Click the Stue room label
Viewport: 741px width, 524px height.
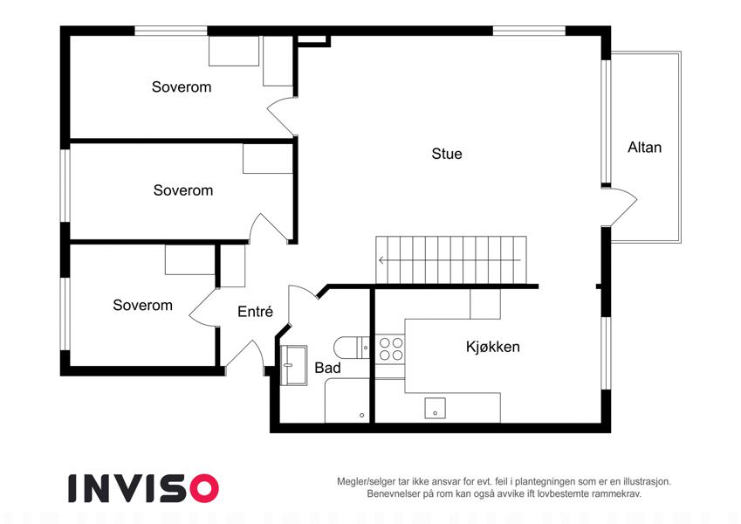click(447, 154)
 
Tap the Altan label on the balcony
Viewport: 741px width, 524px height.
click(644, 148)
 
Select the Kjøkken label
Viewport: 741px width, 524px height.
click(493, 347)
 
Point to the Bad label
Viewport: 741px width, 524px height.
click(327, 368)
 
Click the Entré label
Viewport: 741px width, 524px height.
click(255, 312)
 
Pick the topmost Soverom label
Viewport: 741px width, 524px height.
click(182, 87)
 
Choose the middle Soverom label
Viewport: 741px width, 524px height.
click(183, 190)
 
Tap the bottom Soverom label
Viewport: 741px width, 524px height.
click(143, 305)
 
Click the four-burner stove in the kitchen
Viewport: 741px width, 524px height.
click(391, 349)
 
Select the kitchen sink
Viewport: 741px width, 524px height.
click(435, 408)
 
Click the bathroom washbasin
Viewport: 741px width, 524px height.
click(293, 365)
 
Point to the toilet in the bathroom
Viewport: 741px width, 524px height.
click(351, 348)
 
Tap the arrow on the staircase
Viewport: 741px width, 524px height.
click(449, 260)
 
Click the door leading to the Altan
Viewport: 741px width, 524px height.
click(620, 207)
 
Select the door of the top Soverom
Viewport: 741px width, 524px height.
click(282, 116)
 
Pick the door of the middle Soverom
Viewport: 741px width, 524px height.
click(269, 229)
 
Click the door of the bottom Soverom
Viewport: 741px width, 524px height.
click(204, 307)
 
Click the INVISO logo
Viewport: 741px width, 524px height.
click(144, 488)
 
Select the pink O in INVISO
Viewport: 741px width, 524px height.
click(204, 488)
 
